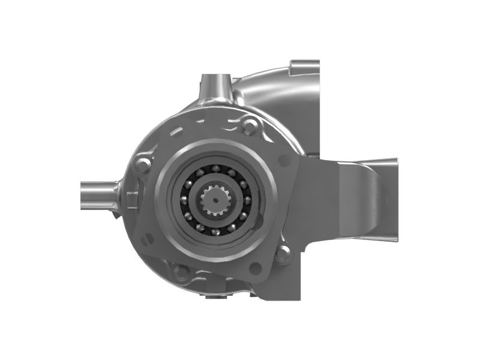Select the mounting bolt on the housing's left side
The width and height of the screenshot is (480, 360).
pos(142,166)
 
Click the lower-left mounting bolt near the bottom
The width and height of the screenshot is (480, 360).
pos(178,273)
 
